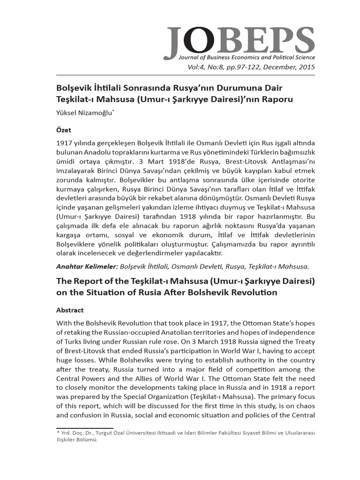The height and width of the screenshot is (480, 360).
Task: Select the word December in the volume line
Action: [x=275, y=67]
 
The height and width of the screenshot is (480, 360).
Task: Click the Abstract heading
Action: [x=70, y=310]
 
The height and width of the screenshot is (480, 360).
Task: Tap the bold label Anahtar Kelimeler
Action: [x=87, y=267]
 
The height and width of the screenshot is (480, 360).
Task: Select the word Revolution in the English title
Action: [x=255, y=292]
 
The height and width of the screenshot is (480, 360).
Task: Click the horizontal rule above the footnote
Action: [x=85, y=427]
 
